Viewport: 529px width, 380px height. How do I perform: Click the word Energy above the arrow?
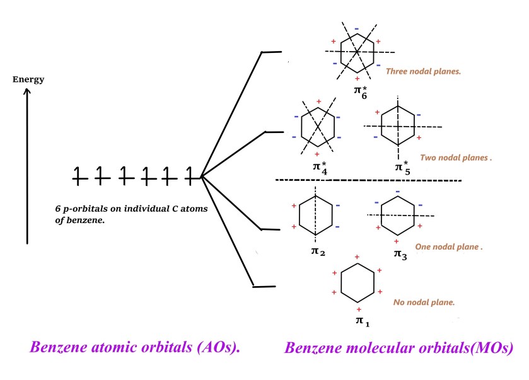[28, 79]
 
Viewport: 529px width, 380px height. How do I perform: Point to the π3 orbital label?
[400, 253]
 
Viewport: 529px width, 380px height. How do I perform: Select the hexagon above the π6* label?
[358, 51]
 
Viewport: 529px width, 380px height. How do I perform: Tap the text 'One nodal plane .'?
[448, 247]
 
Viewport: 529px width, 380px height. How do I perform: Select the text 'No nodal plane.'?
[424, 302]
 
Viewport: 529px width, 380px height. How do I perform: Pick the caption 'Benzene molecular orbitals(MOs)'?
[399, 348]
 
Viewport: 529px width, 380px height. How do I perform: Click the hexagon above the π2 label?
[315, 216]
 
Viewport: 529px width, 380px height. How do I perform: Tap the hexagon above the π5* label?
[397, 127]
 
